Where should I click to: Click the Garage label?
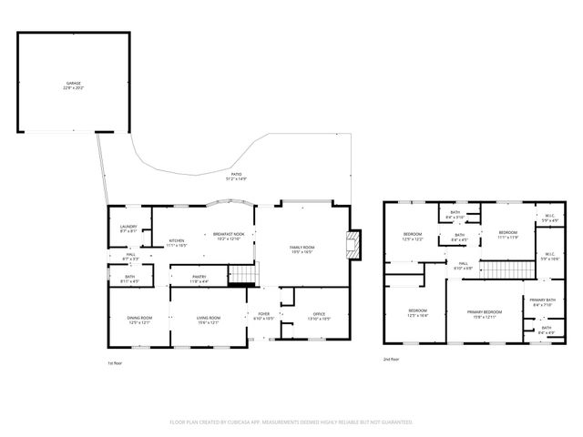pos(73,86)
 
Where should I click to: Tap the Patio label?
pos(236,175)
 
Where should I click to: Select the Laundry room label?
pos(128,229)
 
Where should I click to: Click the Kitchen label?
pos(176,243)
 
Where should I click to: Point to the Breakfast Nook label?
pos(228,237)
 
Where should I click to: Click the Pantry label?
pos(199,279)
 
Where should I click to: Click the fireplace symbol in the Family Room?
pos(354,244)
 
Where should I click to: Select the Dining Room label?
pos(139,320)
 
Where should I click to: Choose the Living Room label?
pos(208,320)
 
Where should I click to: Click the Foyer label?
pos(262,317)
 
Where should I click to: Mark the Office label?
pos(319,317)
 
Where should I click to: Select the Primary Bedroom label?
pos(484,313)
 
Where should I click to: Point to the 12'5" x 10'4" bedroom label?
pos(416,312)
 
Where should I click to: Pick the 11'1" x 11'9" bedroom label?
pos(507,235)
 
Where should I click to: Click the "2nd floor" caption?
pos(393,359)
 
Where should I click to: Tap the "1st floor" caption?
pos(116,362)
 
